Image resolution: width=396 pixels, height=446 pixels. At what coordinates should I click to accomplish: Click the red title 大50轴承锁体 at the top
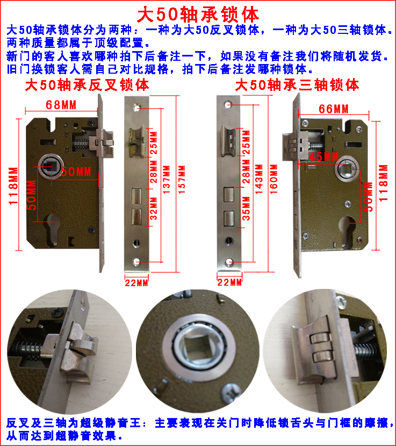[x=198, y=14]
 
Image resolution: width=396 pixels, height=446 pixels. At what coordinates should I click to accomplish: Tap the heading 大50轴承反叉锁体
[x=87, y=85]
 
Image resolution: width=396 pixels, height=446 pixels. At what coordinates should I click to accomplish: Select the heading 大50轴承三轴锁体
[x=297, y=85]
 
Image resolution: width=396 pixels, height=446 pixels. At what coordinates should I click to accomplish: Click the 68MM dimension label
[x=61, y=105]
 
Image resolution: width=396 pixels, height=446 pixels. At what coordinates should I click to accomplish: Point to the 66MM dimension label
[x=334, y=109]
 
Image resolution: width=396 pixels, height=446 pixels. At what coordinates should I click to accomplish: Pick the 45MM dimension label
[x=323, y=157]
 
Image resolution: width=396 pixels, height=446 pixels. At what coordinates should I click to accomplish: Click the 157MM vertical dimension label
[x=182, y=180]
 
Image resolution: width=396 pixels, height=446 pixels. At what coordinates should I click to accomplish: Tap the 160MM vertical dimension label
[x=273, y=179]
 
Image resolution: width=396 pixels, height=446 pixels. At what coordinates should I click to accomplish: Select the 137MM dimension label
[x=167, y=180]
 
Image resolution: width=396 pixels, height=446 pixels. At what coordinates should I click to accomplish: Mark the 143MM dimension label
[x=259, y=179]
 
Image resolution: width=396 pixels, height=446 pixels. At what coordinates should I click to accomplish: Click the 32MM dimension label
[x=153, y=209]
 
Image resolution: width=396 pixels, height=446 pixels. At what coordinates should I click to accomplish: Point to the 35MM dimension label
[x=246, y=209]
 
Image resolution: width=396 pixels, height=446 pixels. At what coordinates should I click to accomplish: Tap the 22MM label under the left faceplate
[x=136, y=283]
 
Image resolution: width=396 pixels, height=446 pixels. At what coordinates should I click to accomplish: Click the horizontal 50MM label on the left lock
[x=76, y=172]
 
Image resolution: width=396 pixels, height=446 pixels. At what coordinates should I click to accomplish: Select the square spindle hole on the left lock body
[x=51, y=166]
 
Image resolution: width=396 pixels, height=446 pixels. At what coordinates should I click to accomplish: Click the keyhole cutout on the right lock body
[x=347, y=231]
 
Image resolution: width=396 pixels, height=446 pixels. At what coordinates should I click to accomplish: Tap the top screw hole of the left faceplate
[x=136, y=108]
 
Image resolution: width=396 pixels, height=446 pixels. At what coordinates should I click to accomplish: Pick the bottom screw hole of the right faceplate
[x=229, y=262]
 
